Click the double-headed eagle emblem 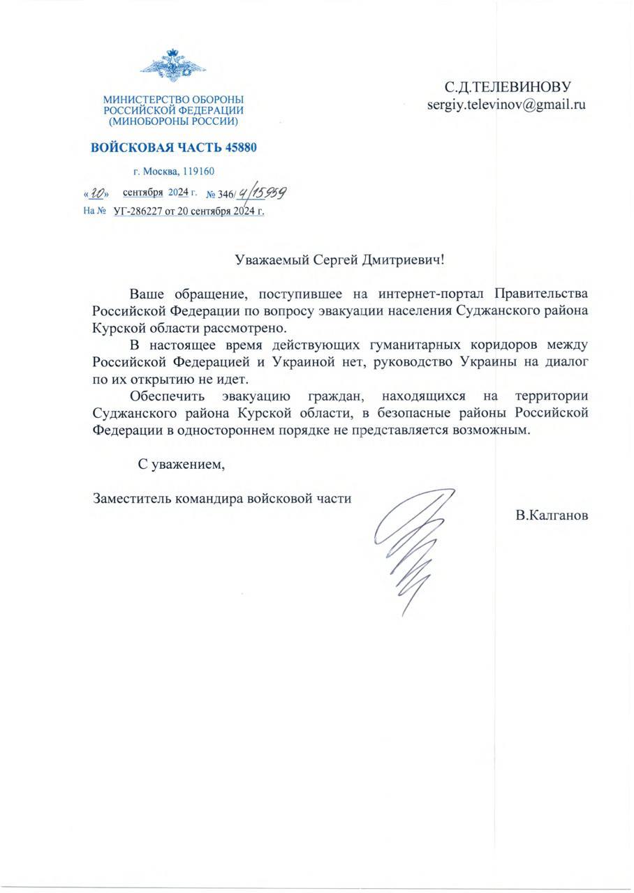pos(172,68)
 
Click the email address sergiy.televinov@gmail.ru pos(506,105)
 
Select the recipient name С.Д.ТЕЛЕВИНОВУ pos(508,87)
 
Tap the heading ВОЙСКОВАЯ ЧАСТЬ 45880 pos(173,147)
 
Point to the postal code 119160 pos(199,171)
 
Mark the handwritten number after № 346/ pos(264,192)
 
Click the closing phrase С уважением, pos(181,464)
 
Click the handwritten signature pos(412,544)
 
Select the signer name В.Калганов pos(552,516)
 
